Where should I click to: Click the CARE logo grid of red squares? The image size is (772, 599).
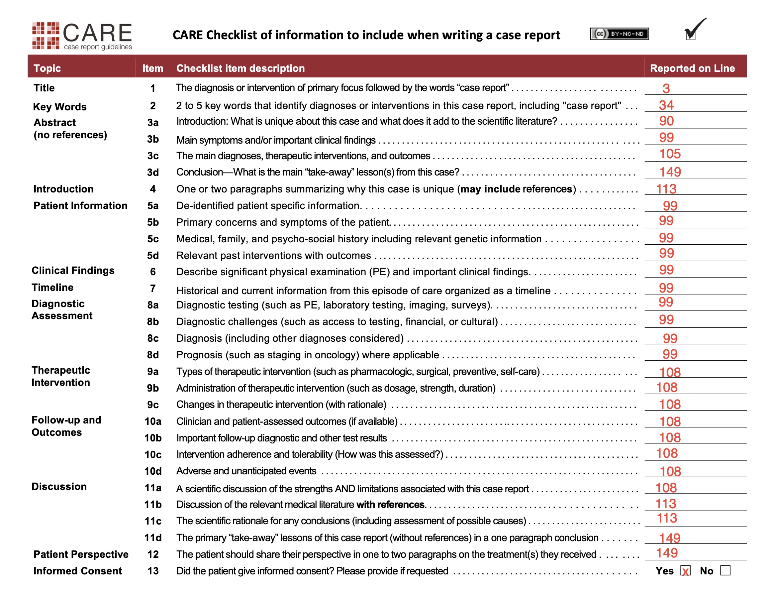tap(46, 35)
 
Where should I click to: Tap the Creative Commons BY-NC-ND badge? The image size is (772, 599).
tap(619, 34)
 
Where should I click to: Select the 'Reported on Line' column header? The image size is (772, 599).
tap(692, 68)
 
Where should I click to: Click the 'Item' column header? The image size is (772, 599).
tap(153, 68)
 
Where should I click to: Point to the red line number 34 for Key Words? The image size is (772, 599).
tap(666, 105)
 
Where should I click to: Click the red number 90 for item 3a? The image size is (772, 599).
tap(666, 121)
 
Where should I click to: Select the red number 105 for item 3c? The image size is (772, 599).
tap(669, 154)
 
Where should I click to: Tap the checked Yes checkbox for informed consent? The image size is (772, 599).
tap(685, 571)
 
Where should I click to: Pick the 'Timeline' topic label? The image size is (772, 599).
tap(53, 287)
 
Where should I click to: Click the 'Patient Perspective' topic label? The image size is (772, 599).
tap(81, 554)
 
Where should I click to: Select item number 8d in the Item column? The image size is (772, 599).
tap(153, 355)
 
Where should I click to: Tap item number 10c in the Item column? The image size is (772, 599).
tap(153, 455)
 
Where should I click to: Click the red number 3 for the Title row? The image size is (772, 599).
tap(666, 88)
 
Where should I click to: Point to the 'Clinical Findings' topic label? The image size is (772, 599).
tap(73, 271)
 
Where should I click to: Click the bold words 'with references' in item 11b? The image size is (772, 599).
tap(390, 505)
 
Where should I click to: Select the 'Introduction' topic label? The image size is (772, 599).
tap(64, 189)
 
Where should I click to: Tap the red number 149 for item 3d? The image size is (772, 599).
tap(670, 172)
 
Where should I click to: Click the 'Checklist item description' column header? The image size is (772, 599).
tap(241, 68)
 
